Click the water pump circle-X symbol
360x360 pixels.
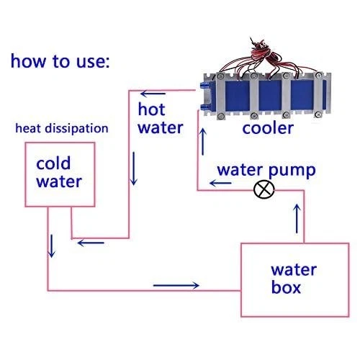click(266, 190)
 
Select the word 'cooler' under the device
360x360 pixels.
click(267, 129)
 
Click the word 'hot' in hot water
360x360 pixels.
click(152, 109)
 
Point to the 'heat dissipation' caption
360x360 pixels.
click(63, 129)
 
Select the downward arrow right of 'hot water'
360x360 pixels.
click(132, 169)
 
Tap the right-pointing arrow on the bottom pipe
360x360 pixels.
click(176, 285)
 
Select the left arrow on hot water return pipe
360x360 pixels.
click(89, 242)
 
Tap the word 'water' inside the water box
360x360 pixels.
click(293, 271)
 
